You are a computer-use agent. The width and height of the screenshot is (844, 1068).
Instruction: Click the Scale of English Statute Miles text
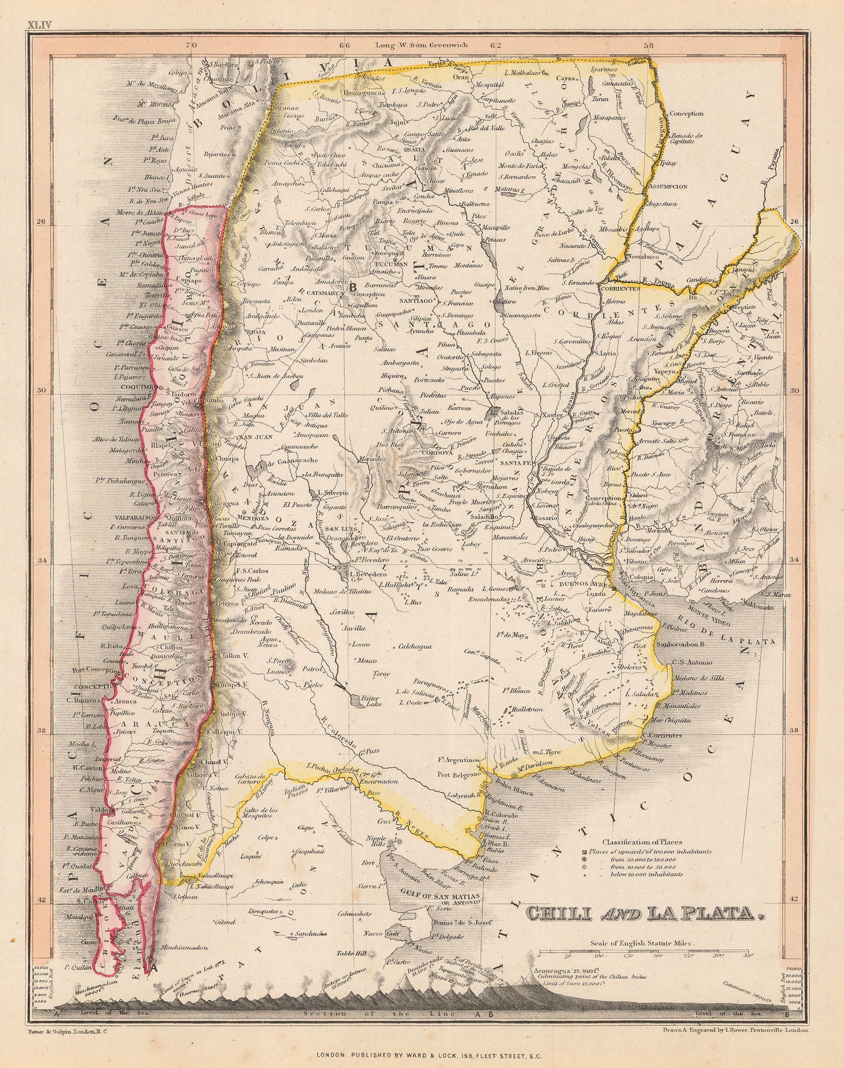click(x=641, y=943)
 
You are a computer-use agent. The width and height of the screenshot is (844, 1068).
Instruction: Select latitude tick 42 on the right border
click(x=793, y=900)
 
